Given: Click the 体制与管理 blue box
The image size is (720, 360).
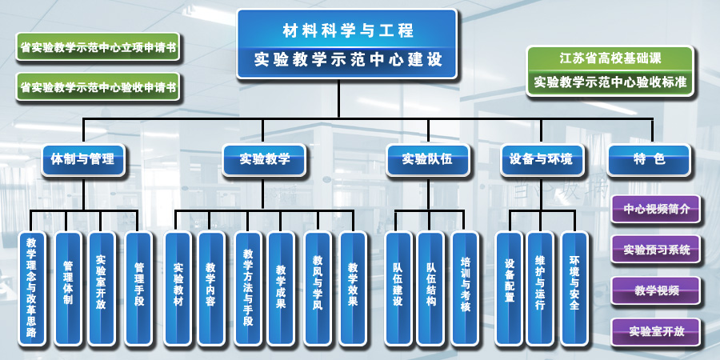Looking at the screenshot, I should coord(83,159).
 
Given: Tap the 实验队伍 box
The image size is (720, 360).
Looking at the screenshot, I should coord(427,159).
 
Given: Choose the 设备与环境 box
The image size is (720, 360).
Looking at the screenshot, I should coord(542,159).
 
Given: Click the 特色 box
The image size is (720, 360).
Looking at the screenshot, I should coord(648,159).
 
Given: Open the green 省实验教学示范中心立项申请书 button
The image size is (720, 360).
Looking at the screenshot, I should coord(98,47).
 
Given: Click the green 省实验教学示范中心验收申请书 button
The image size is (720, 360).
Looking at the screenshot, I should coord(98,86).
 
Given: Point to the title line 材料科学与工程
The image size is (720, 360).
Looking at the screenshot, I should coord(347,31).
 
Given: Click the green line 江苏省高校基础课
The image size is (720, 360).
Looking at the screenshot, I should coord(610,59).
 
